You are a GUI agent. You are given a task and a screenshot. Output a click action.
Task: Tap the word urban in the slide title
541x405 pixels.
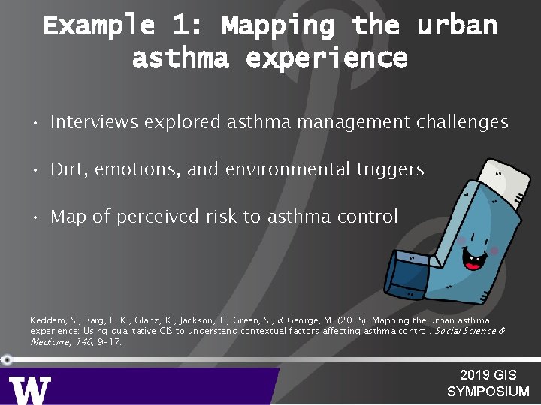(457, 25)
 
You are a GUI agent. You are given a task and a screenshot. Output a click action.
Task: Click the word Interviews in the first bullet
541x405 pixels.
(95, 122)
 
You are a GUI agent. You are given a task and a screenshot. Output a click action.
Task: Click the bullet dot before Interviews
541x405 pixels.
(35, 123)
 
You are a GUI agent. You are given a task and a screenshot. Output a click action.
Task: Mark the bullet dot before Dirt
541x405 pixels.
(35, 170)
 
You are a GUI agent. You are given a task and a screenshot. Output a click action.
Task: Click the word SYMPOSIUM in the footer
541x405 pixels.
(488, 391)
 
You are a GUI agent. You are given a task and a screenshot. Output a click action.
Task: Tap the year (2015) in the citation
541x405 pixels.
(346, 320)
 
